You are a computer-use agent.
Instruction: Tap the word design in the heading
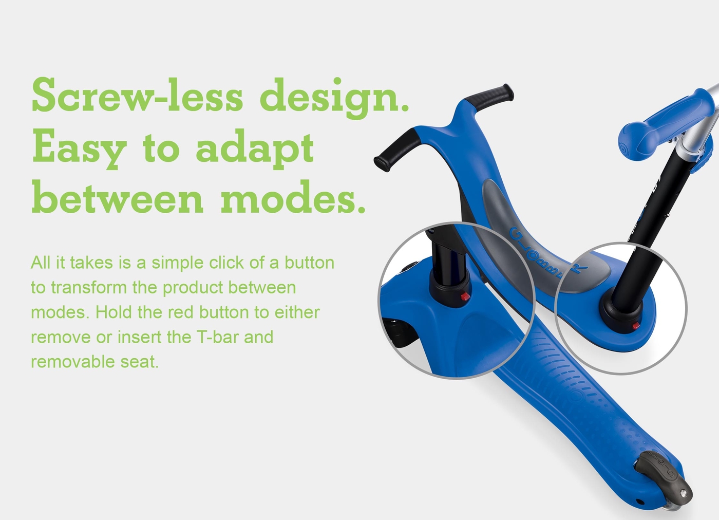pos(334,98)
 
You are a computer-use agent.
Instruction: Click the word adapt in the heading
pos(255,148)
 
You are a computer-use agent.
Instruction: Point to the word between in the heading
pos(118,197)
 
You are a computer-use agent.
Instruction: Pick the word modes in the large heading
pos(293,197)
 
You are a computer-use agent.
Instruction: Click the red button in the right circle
pos(636,326)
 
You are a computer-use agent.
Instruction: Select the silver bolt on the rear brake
pos(684,492)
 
